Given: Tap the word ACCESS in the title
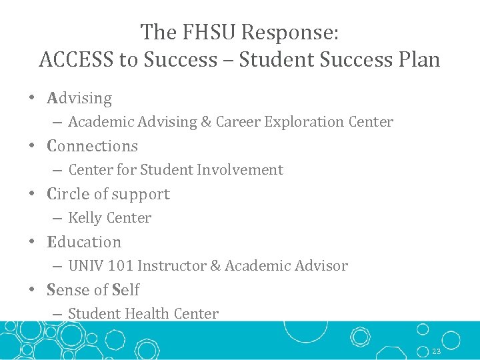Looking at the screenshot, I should coord(77,59).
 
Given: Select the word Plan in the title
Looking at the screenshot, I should coord(417,59).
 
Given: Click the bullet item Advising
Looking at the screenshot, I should coord(79,98).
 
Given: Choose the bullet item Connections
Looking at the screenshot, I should coord(92,146).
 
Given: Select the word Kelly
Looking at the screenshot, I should coord(85,218).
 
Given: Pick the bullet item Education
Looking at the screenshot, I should coord(84,242).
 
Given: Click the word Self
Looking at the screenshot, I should coord(126,290).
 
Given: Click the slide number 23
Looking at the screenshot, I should coord(437,351).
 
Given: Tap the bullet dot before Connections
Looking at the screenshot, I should coord(32,146).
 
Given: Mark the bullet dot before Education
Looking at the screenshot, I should coord(32,242).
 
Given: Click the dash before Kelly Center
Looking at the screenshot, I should coord(57,218).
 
